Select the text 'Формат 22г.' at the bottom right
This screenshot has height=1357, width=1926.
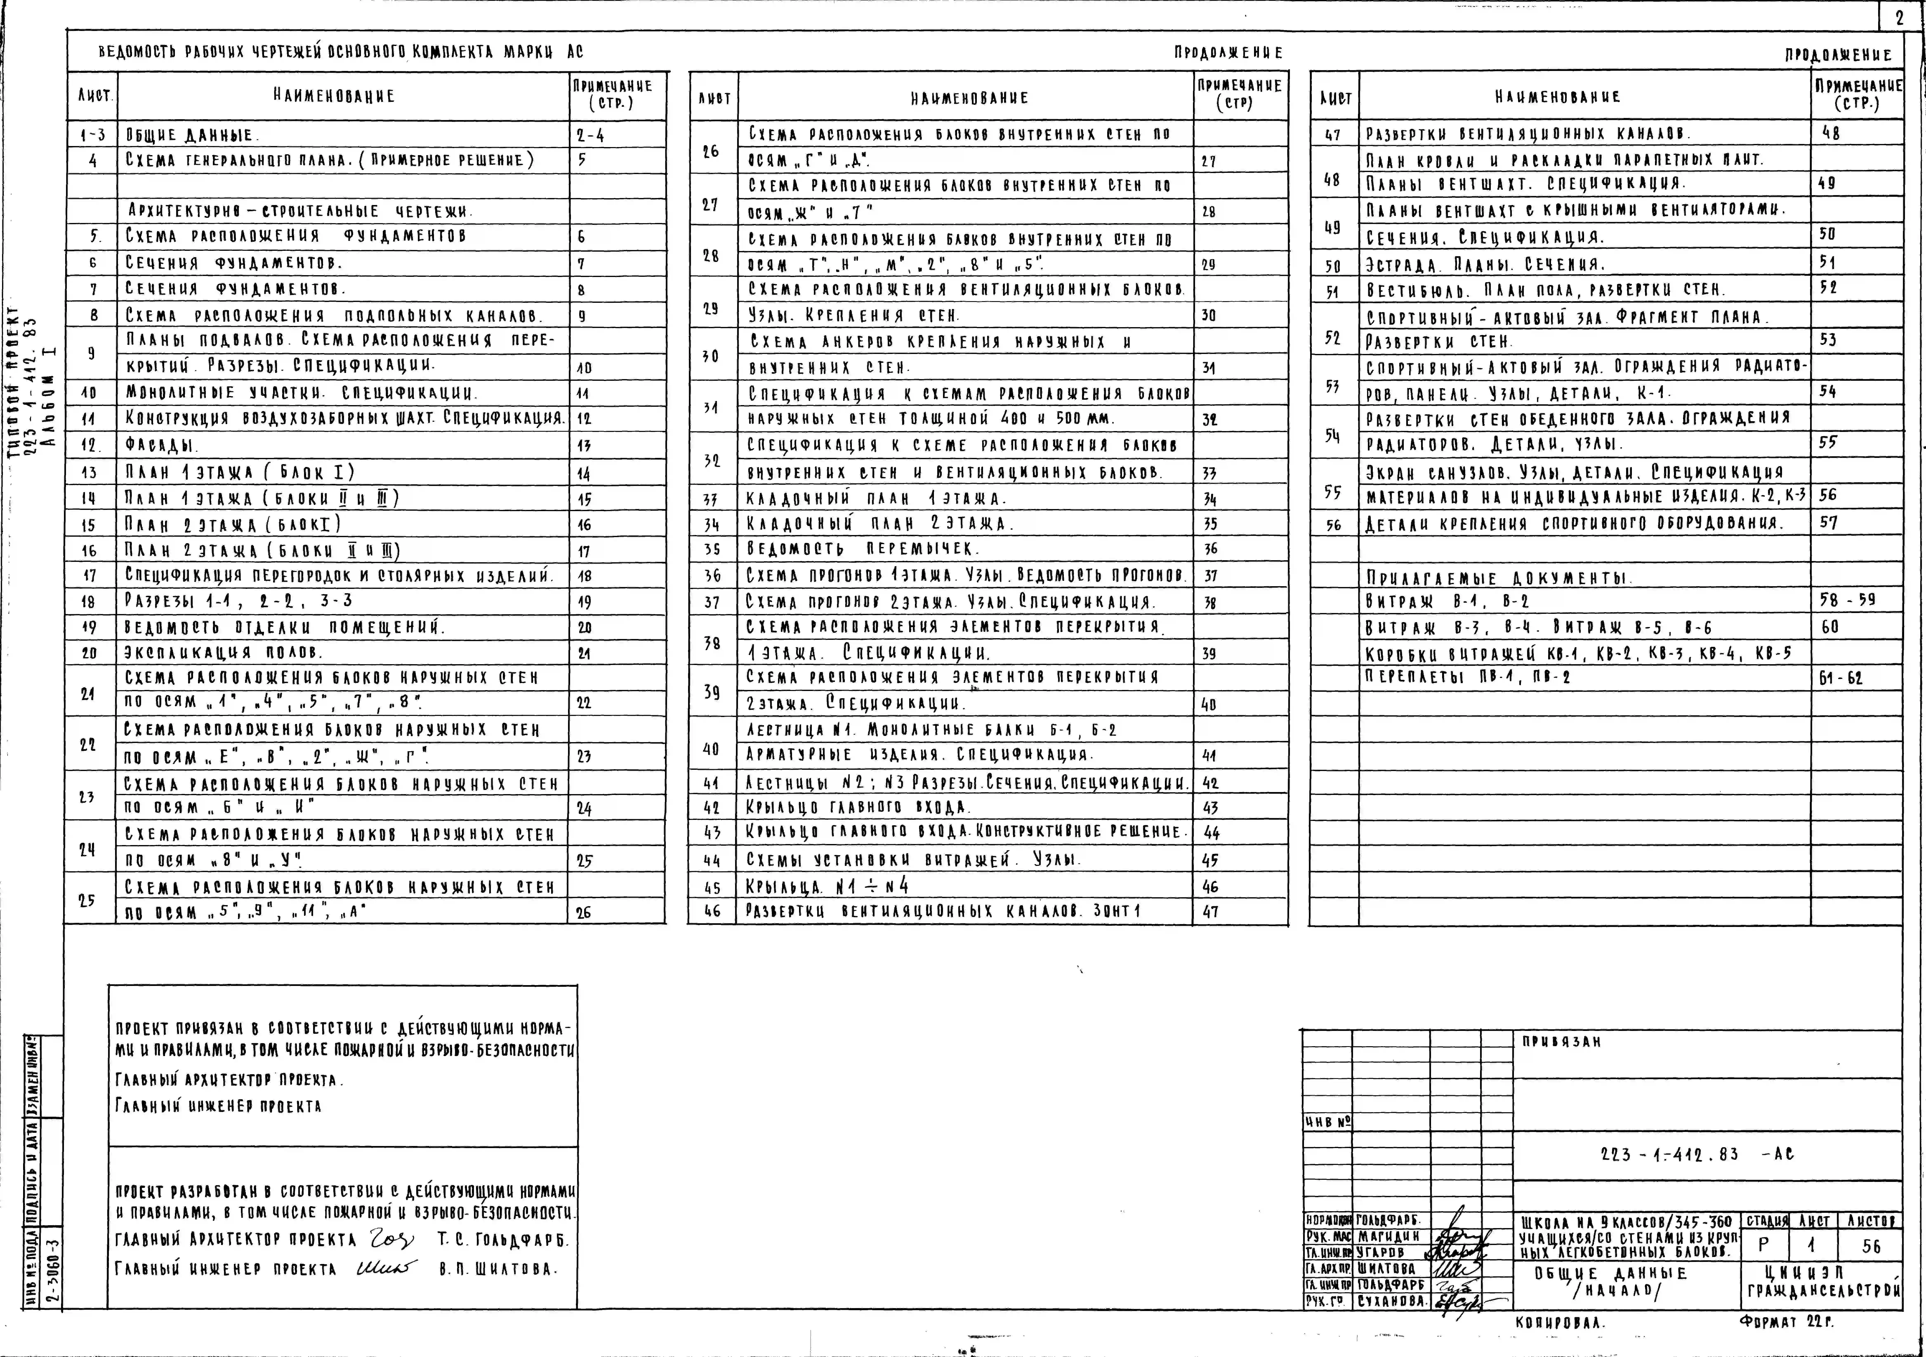click(1787, 1322)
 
